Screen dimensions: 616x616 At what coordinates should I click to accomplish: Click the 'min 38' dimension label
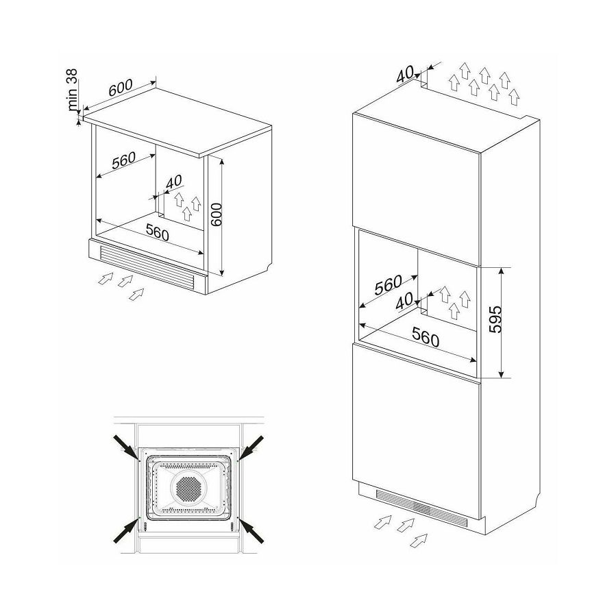[x=72, y=90]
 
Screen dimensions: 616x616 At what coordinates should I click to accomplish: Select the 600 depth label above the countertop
[x=121, y=88]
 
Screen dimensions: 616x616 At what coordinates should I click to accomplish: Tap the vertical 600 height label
[x=216, y=214]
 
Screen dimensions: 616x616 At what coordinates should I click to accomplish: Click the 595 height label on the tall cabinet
[x=496, y=319]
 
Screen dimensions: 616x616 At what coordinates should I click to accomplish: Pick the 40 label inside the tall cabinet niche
[x=405, y=301]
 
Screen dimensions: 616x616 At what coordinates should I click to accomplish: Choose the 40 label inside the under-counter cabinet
[x=173, y=182]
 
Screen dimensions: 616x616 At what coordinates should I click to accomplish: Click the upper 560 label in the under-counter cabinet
[x=123, y=160]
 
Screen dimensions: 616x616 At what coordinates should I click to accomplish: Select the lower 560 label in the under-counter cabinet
[x=157, y=232]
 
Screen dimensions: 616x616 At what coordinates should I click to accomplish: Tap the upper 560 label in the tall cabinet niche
[x=388, y=285]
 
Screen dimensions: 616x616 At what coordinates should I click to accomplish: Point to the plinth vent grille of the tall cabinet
[x=422, y=508]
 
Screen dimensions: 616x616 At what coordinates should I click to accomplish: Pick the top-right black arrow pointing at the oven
[x=251, y=447]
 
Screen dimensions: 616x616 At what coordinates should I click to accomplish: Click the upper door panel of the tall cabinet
[x=417, y=188]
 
